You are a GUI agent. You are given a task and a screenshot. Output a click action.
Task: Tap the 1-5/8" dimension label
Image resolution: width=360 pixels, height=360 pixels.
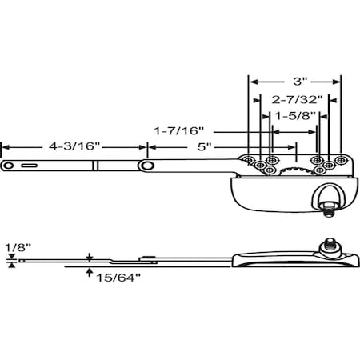pos(293,116)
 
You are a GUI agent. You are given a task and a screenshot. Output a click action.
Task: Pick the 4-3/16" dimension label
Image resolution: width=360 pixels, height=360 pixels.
pos(74,147)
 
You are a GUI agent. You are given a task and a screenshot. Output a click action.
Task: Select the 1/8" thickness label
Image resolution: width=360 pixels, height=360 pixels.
pos(11,247)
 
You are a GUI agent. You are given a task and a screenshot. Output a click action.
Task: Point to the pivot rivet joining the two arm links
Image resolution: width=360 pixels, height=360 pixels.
pos(148,165)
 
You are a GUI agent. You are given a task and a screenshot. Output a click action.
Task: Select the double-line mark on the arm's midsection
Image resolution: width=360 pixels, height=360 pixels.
pos(94,166)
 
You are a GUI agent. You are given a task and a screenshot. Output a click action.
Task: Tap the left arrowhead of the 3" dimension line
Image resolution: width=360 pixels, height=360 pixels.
pos(250,82)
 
